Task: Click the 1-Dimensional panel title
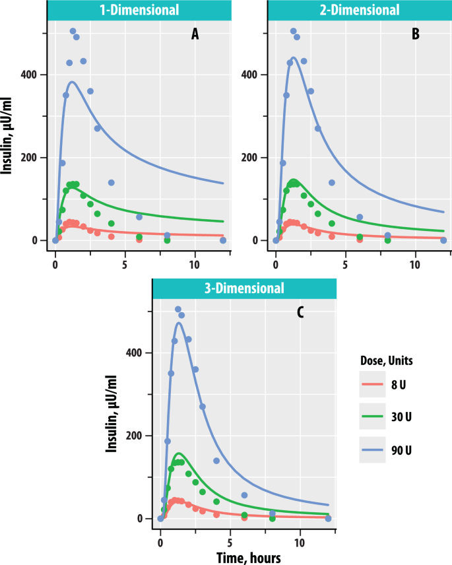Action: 139,10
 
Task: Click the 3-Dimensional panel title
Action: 243,288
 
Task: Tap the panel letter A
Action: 195,35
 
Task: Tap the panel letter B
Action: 415,35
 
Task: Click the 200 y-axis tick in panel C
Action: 135,436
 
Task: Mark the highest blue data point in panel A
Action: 73,31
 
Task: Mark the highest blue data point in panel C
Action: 178,309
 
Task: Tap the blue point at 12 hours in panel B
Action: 443,240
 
